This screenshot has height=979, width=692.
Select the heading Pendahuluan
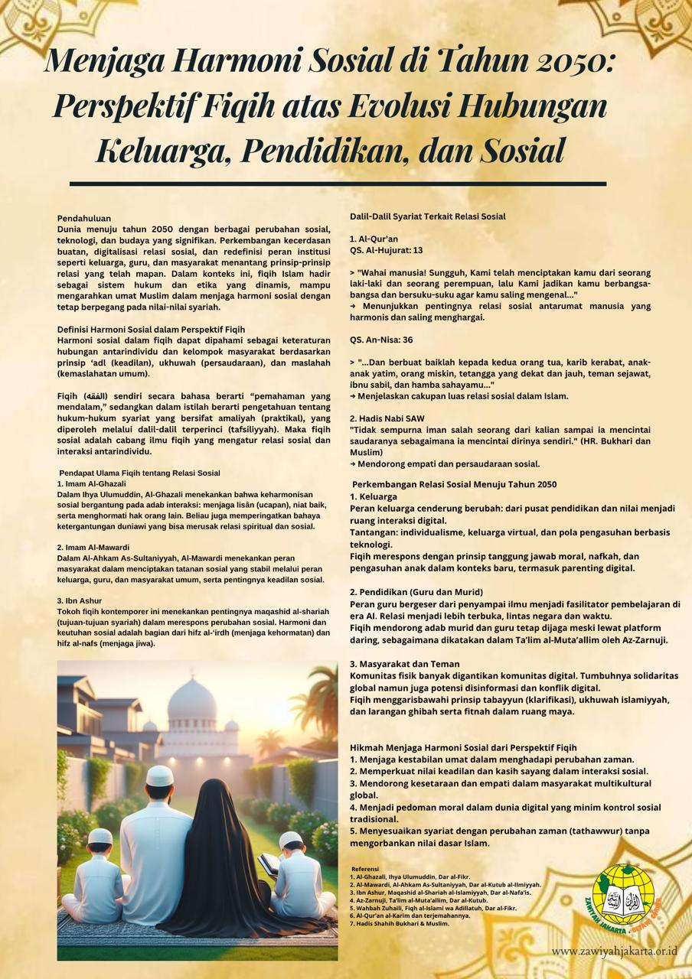pyautogui.click(x=84, y=218)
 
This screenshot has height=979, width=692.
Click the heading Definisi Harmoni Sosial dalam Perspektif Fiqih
pyautogui.click(x=151, y=329)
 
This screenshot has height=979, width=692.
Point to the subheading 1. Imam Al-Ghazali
pyautogui.click(x=91, y=483)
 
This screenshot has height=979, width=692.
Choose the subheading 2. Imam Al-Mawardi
pyautogui.click(x=93, y=548)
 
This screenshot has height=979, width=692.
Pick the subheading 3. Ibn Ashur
pyautogui.click(x=80, y=601)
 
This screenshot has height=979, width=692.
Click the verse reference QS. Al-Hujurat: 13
pyautogui.click(x=387, y=250)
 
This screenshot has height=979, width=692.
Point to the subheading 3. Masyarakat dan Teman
pyautogui.click(x=405, y=664)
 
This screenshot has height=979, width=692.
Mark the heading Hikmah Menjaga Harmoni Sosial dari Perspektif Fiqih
pyautogui.click(x=463, y=747)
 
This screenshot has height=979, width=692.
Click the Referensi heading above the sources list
pyautogui.click(x=365, y=869)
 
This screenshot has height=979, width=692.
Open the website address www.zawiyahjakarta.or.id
pyautogui.click(x=614, y=951)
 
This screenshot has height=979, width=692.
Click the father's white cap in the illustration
pyautogui.click(x=160, y=776)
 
